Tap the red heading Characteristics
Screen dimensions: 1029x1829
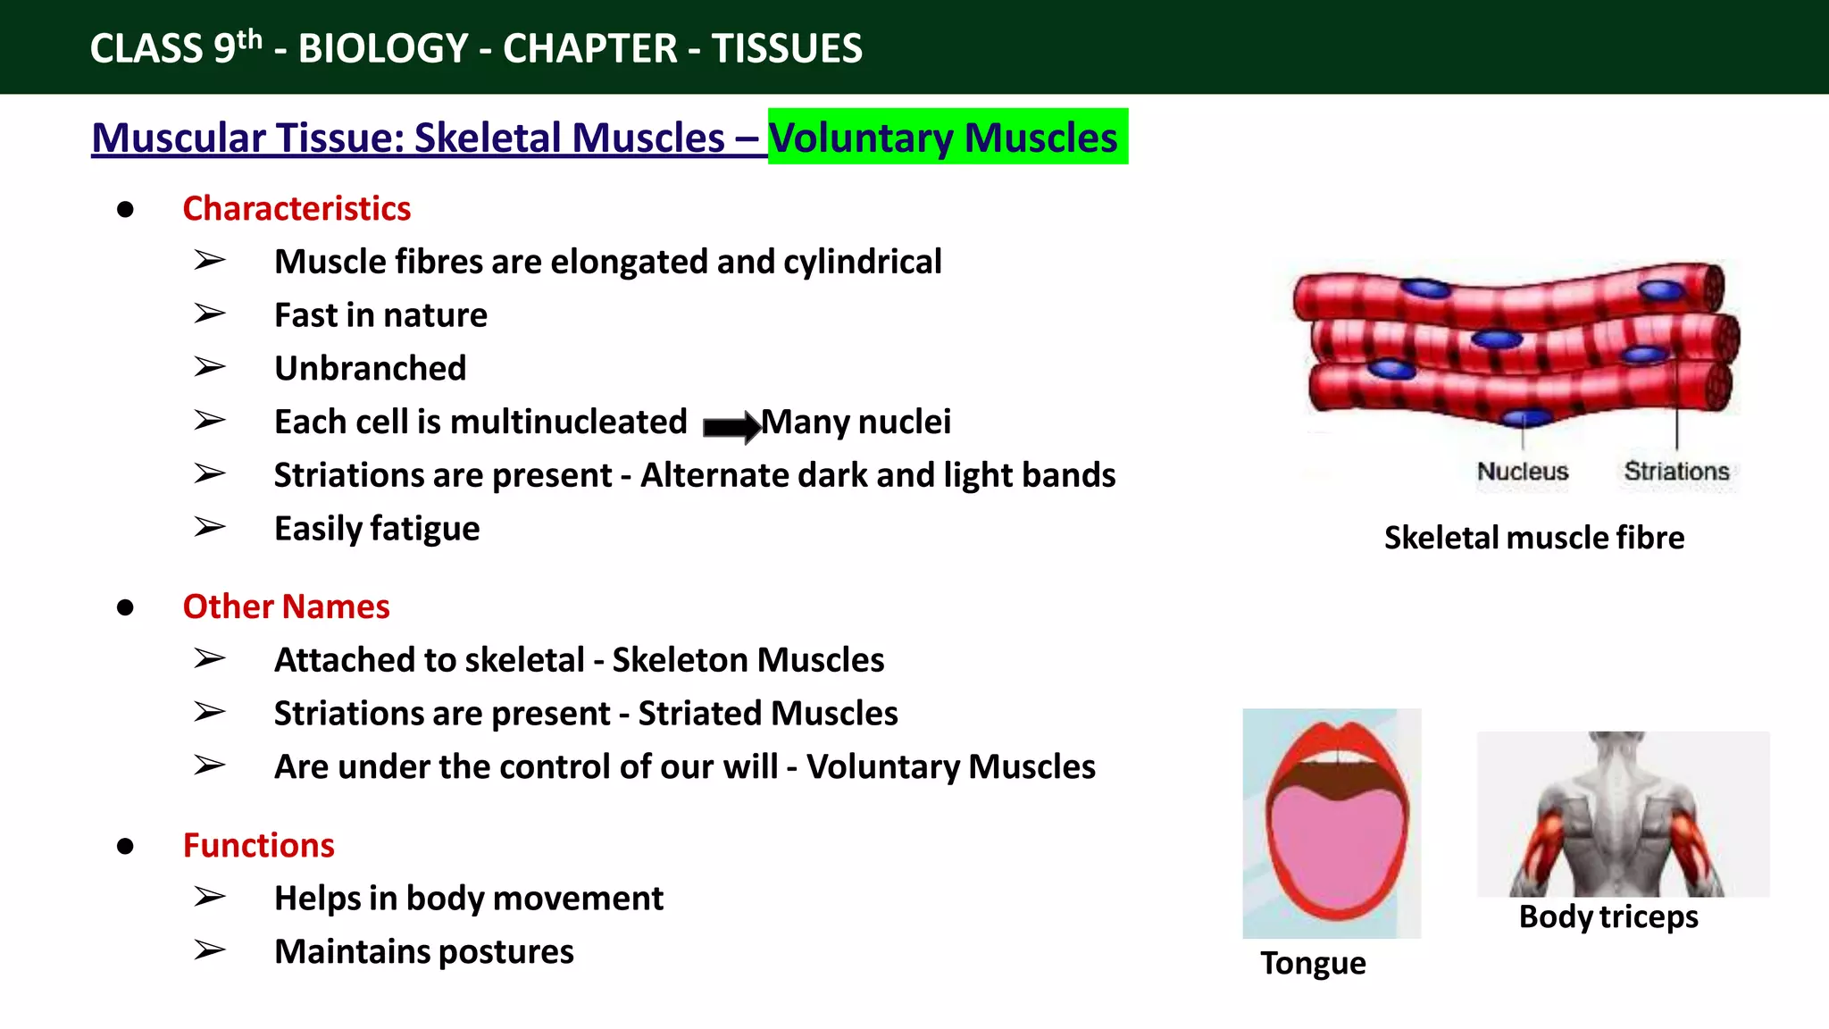point(296,208)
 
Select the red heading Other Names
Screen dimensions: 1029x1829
point(286,607)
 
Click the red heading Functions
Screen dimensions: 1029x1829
point(258,845)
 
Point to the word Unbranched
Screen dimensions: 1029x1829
point(370,368)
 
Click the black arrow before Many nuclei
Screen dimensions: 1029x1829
point(731,426)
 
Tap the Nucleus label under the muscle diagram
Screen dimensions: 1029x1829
point(1522,471)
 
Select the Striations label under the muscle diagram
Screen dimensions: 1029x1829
point(1676,471)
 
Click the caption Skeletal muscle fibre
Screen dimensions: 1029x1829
point(1533,538)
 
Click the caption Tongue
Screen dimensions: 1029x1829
point(1312,963)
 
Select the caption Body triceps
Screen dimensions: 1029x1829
point(1608,916)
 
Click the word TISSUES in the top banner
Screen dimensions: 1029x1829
point(787,48)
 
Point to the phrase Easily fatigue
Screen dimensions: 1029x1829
point(376,528)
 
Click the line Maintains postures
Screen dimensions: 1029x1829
point(423,951)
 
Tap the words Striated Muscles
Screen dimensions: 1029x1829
point(767,713)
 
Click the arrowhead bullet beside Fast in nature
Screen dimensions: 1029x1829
point(210,314)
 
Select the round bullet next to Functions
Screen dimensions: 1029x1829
point(125,846)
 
